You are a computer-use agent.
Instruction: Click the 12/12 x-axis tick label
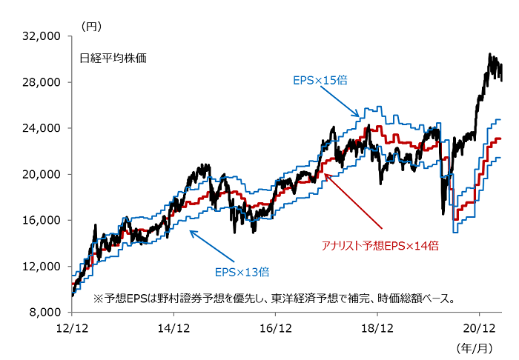pos(71,327)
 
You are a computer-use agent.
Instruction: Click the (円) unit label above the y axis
pos(90,25)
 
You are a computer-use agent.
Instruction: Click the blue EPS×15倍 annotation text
pos(320,79)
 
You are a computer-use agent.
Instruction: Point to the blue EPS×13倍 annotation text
pos(241,270)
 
